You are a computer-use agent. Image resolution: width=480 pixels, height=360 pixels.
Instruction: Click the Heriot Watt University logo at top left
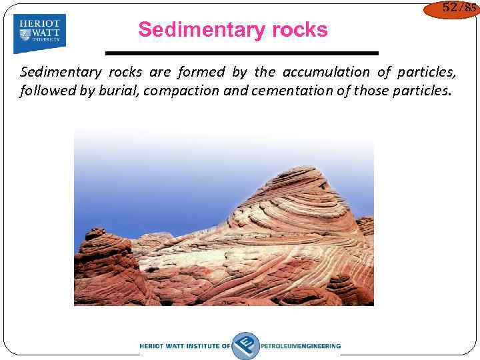pos(40,33)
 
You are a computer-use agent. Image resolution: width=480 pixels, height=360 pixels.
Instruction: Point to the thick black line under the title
pos(242,53)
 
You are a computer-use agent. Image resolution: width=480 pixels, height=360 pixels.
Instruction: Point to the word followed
pos(47,91)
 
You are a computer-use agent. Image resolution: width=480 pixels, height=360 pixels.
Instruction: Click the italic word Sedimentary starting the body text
pos(61,72)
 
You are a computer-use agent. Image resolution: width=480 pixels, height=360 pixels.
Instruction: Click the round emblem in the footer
pos(245,345)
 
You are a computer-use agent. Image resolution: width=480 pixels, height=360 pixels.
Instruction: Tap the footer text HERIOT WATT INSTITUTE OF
pos(185,346)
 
